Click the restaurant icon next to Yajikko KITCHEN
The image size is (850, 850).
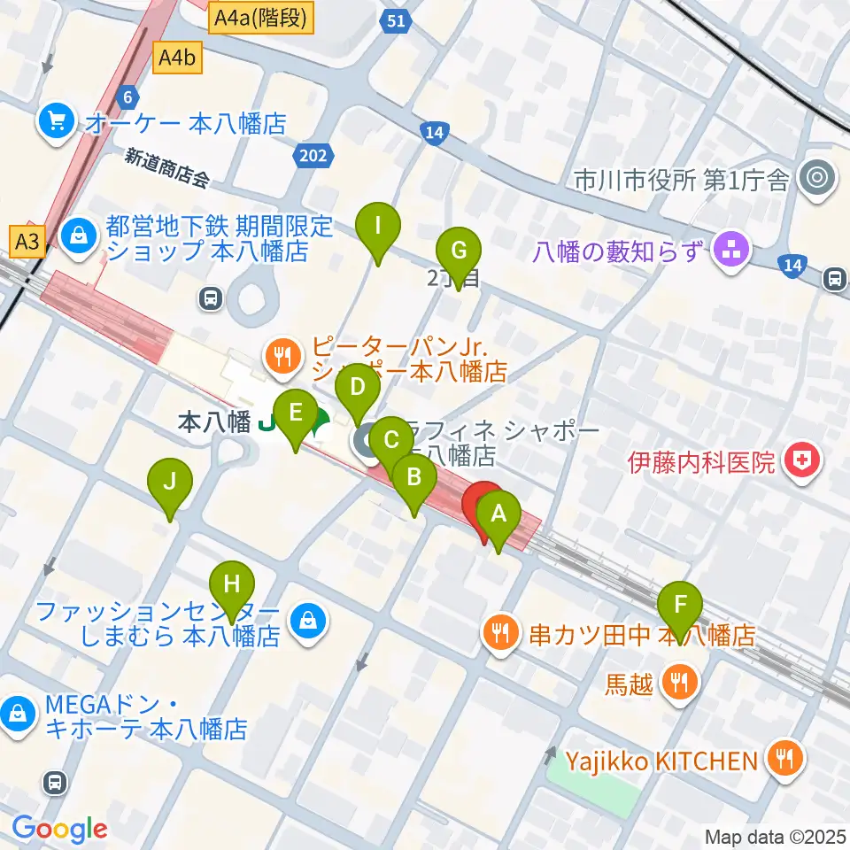click(x=784, y=759)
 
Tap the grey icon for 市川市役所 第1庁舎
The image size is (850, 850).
click(x=815, y=180)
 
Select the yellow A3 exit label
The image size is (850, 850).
click(x=27, y=240)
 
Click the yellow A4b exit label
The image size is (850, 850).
click(x=178, y=59)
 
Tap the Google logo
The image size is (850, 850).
click(x=59, y=829)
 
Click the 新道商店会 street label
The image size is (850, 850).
click(x=166, y=167)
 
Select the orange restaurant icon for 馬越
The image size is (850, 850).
click(x=682, y=683)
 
